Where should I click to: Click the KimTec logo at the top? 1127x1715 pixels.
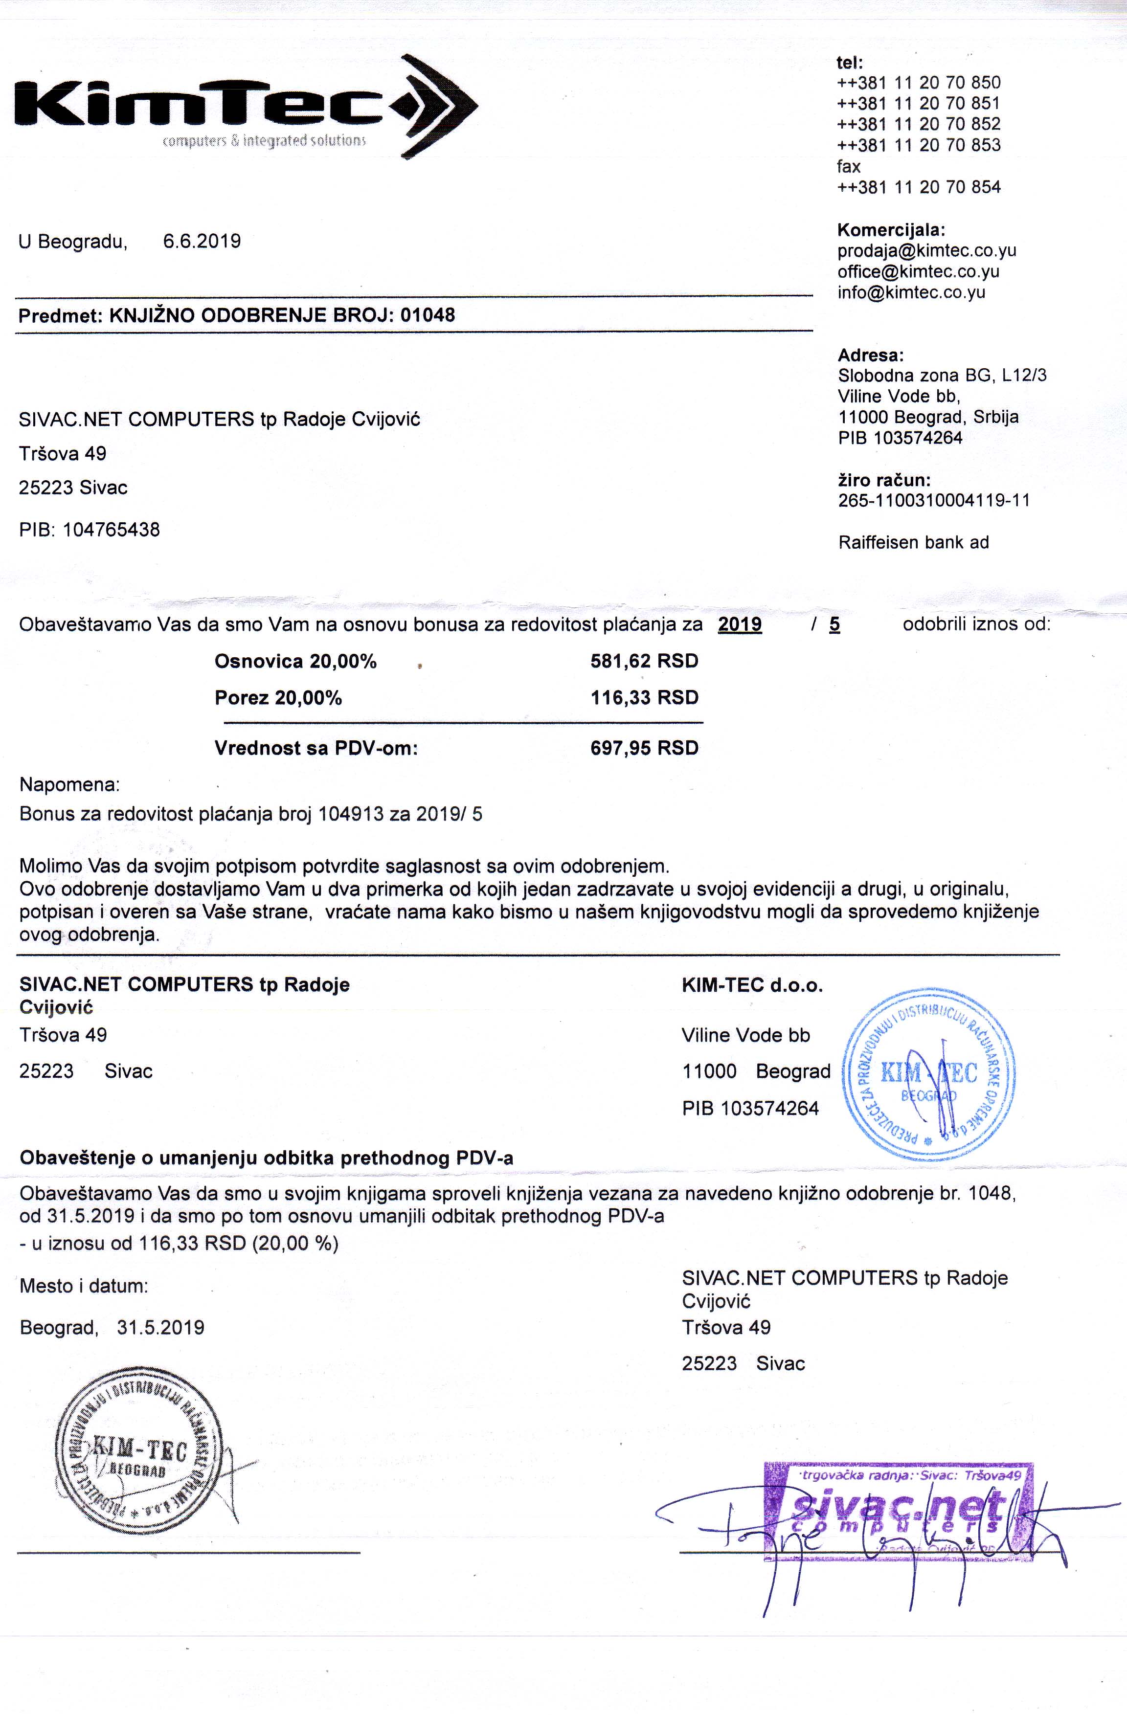(245, 106)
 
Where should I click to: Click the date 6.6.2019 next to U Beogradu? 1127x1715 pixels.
(202, 242)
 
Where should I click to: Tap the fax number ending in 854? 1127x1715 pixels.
(919, 187)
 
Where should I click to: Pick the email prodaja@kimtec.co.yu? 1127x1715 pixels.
(926, 251)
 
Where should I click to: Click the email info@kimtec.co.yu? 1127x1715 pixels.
(911, 292)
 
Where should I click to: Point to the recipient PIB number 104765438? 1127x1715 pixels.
(111, 531)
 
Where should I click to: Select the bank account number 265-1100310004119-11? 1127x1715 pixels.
(934, 500)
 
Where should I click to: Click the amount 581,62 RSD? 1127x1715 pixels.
(644, 661)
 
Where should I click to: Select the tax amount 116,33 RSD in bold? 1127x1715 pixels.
(644, 697)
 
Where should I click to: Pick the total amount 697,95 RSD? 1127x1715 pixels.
(644, 748)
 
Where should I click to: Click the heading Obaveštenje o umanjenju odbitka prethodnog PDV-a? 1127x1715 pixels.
(267, 1158)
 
